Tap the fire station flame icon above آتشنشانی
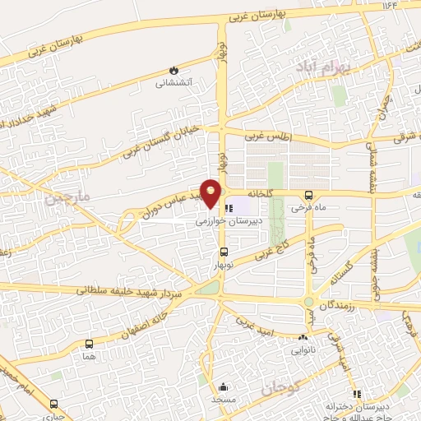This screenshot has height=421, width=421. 173,70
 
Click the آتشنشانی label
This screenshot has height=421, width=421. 173,83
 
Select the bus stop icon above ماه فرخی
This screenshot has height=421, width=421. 308,195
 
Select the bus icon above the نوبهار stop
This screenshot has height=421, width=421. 224,253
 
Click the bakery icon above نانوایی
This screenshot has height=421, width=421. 303,337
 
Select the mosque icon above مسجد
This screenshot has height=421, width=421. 224,386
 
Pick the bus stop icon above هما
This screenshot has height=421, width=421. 88,344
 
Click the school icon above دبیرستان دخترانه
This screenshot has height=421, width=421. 356,393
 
